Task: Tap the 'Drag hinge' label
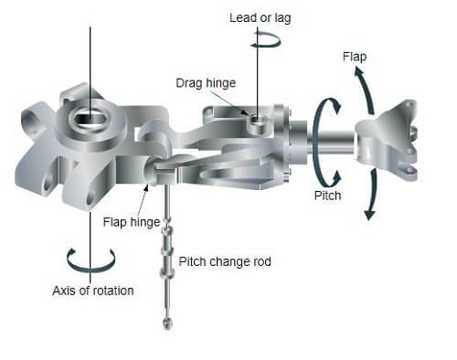[x=207, y=83]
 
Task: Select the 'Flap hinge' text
[x=131, y=220]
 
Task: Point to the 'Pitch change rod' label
[x=225, y=261]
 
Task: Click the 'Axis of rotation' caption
[x=92, y=291]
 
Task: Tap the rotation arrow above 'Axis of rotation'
[x=91, y=259]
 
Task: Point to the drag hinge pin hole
[x=258, y=117]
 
